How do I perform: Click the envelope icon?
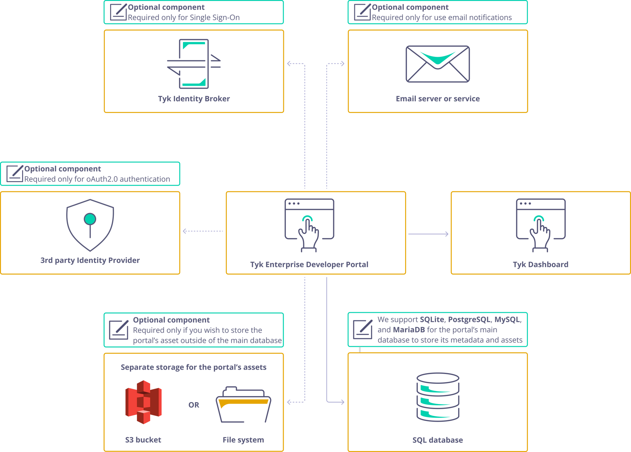click(438, 63)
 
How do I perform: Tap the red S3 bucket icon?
click(144, 402)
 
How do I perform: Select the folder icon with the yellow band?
click(243, 404)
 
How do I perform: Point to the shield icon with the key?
click(90, 225)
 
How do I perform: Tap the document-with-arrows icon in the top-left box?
click(193, 63)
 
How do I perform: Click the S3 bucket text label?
click(144, 440)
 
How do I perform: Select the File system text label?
click(243, 440)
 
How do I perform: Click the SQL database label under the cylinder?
click(438, 440)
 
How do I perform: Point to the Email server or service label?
click(438, 99)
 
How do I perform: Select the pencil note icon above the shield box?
click(15, 173)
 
